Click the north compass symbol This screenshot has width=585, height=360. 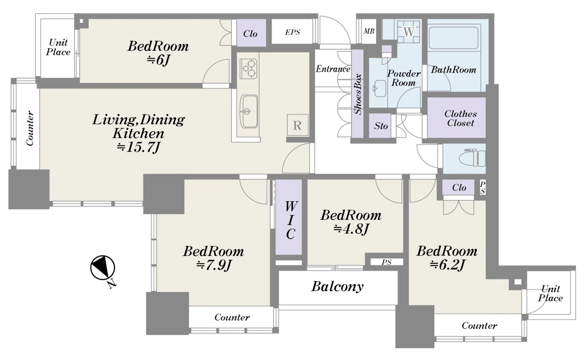click(102, 268)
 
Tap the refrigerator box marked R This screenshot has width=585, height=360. click(297, 125)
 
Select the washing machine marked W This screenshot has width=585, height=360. click(409, 32)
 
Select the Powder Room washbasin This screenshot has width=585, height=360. click(379, 88)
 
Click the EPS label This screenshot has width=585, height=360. click(293, 32)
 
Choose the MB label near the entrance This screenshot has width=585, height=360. click(369, 31)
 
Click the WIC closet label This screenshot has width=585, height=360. click(290, 220)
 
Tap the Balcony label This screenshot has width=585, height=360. click(337, 286)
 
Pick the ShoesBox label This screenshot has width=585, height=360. click(358, 94)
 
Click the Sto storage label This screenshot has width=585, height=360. click(381, 126)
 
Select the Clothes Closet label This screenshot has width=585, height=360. click(460, 118)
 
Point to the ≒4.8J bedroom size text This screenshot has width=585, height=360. click(351, 229)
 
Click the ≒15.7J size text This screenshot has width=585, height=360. click(139, 147)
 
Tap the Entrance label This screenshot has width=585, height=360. click(333, 69)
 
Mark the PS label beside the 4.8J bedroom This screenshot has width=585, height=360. click(387, 262)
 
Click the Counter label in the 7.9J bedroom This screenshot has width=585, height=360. click(232, 317)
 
